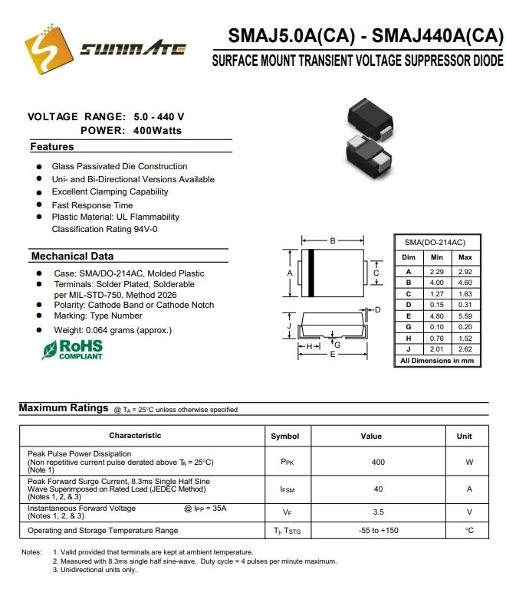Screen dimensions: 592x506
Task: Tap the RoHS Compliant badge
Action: coord(73,349)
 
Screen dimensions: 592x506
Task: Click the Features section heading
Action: coord(52,146)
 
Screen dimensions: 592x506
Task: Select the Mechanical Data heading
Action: coord(72,256)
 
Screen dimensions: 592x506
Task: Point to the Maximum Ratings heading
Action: coord(64,408)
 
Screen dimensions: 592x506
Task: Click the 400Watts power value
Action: coord(156,130)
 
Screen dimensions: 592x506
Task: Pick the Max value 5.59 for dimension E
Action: coord(465,316)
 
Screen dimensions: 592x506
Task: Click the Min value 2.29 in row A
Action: coord(437,272)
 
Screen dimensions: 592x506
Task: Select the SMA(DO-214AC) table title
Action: coord(435,242)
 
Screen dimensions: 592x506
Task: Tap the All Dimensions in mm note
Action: coord(437,360)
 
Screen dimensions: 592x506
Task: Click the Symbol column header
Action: coord(285,436)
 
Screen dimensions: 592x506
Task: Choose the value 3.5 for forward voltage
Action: coord(378,512)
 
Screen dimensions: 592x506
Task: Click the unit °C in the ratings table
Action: coord(469,531)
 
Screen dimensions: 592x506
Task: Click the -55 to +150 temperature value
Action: coord(378,531)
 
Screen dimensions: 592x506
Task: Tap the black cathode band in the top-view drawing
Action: coord(312,273)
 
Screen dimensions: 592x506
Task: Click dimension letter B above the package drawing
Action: coord(332,241)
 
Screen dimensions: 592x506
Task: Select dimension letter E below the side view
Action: coord(332,355)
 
